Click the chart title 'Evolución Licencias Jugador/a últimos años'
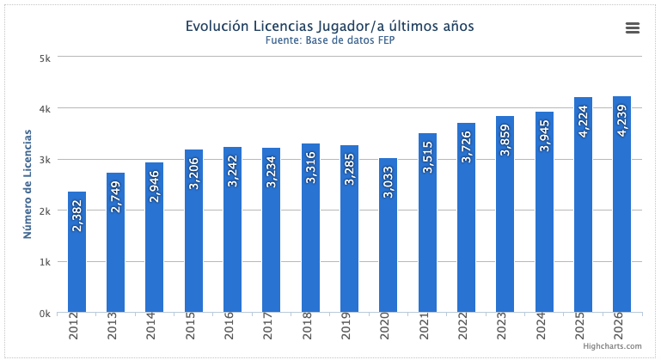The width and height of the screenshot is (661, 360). (x=330, y=26)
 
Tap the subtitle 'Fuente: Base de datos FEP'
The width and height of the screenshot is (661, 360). (x=330, y=40)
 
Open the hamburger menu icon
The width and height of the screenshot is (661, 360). (x=633, y=28)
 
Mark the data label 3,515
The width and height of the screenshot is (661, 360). (x=427, y=156)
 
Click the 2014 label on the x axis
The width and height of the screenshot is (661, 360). (x=155, y=327)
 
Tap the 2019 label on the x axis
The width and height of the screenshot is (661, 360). (x=350, y=327)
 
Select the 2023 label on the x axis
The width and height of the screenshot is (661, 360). (x=505, y=327)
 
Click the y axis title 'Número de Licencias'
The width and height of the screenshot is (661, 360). (x=28, y=185)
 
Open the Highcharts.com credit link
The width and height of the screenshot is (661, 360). (x=611, y=345)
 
